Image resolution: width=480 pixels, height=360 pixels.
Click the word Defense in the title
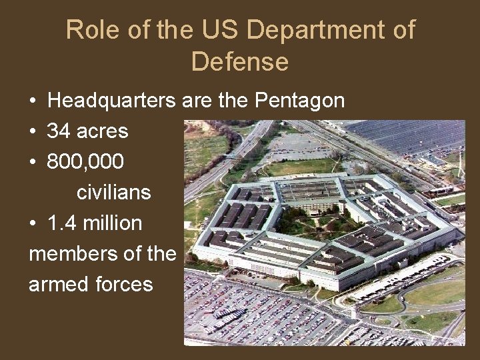[x=240, y=61]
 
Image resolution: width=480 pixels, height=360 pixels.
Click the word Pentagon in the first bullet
[x=300, y=101]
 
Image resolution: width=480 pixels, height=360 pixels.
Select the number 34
[x=59, y=131]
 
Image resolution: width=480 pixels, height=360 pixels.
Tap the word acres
[x=102, y=131]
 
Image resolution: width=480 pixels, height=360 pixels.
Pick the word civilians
[x=114, y=193]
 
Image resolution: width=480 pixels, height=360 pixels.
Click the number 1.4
[x=61, y=223]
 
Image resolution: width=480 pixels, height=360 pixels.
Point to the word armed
[x=53, y=285]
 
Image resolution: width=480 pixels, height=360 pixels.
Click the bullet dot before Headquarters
[x=33, y=102]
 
